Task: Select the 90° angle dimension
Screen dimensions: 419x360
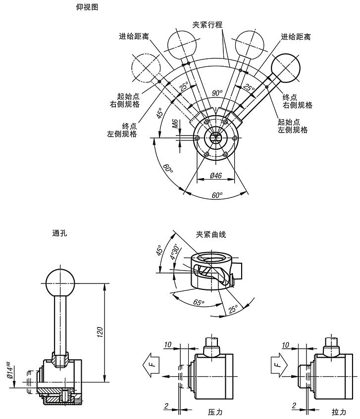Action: (x=217, y=93)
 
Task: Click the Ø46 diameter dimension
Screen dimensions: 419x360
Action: (x=215, y=175)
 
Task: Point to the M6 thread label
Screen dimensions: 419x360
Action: (x=175, y=124)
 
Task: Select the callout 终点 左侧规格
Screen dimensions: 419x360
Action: (x=122, y=130)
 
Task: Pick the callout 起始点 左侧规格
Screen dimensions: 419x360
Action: (x=293, y=126)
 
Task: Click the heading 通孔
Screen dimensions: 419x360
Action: (x=59, y=234)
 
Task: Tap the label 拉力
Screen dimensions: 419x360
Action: (x=339, y=412)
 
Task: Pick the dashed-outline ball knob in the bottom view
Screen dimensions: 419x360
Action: (x=146, y=68)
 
